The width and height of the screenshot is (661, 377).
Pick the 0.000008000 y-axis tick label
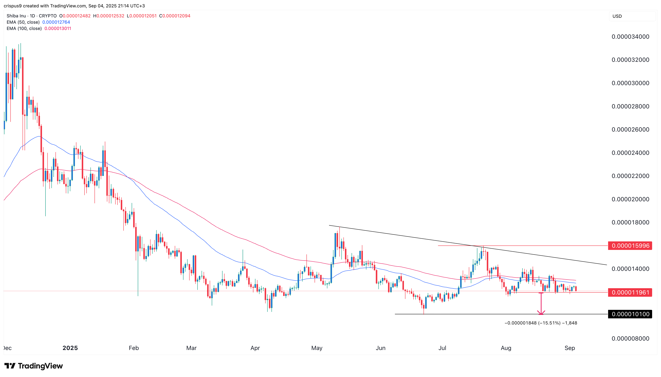(630, 338)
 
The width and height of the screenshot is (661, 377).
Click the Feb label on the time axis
(134, 348)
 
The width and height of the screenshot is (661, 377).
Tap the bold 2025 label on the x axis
(70, 348)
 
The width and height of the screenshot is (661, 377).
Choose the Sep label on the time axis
(569, 348)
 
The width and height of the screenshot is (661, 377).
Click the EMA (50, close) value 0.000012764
(56, 22)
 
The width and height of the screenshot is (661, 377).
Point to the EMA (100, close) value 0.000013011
(58, 28)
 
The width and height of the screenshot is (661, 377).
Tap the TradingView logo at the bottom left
(34, 366)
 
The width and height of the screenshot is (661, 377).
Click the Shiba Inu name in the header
(16, 16)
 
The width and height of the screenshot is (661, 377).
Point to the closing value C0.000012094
(175, 16)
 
